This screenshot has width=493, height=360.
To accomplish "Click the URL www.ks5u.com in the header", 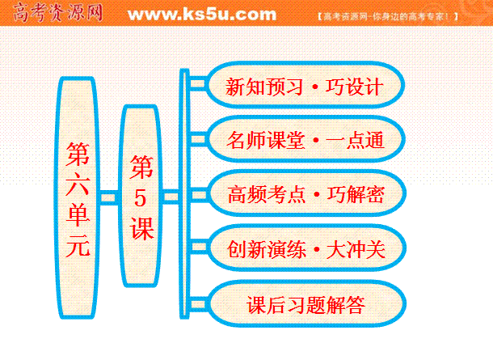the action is click(202, 15).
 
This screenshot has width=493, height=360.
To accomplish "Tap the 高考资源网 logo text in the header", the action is click(58, 13).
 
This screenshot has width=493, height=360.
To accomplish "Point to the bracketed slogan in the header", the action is click(388, 16).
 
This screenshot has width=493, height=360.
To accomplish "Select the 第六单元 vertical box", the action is click(78, 197).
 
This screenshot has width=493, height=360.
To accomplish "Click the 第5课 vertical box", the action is click(141, 196).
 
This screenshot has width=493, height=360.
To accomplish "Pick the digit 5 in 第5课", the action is click(141, 198).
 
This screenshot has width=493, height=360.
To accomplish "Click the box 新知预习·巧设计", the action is click(305, 85).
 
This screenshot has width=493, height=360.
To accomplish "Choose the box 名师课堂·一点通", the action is click(305, 139).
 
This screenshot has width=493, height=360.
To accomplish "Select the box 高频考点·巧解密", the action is click(306, 193).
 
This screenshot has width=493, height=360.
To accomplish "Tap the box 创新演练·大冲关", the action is click(306, 248).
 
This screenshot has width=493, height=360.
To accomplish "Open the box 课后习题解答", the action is click(306, 303).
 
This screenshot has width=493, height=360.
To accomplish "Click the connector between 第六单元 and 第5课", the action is click(109, 197).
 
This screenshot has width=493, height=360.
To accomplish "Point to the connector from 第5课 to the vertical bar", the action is click(171, 197).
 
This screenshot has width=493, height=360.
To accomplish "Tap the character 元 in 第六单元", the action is click(78, 244).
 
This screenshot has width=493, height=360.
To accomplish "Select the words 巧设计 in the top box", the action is click(354, 87).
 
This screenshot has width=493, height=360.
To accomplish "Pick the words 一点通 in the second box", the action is click(355, 140).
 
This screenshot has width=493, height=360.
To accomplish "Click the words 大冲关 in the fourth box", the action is click(356, 249).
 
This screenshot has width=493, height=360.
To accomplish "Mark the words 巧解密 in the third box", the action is click(356, 194).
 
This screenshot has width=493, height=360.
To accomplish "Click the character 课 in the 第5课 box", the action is click(141, 228).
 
